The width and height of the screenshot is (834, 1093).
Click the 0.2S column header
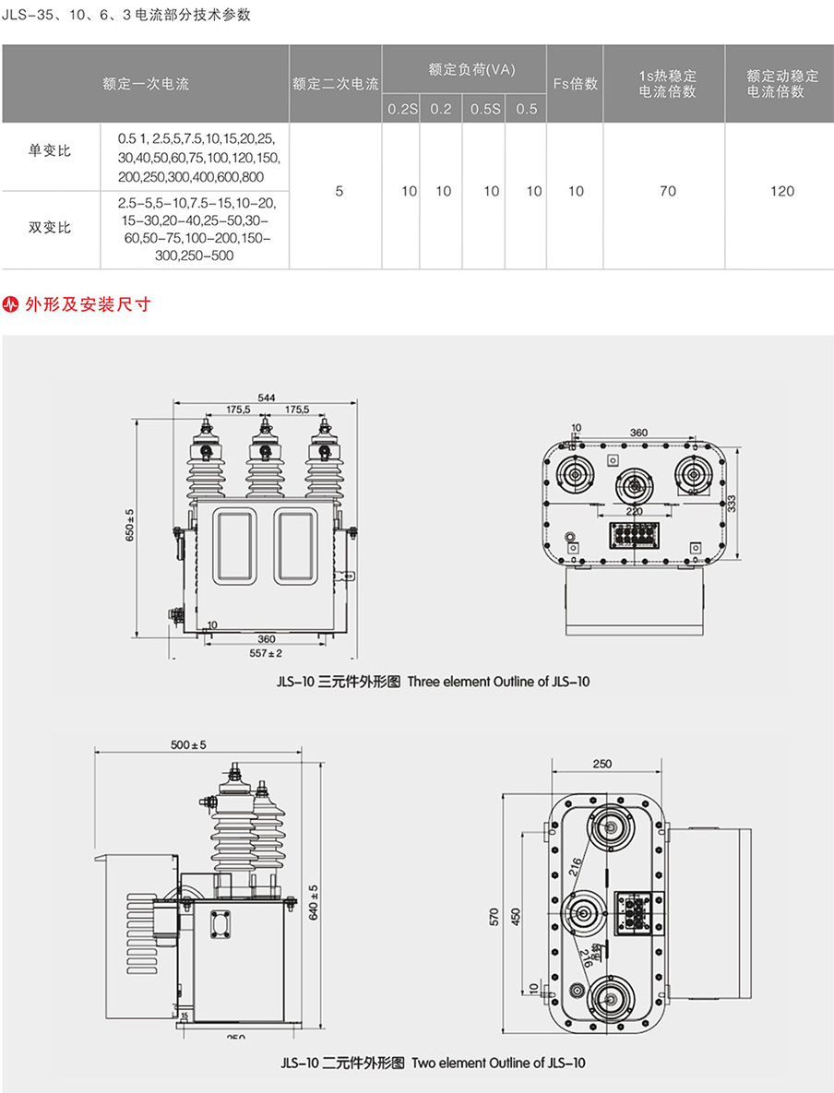[401, 109]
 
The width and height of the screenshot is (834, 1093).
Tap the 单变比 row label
[50, 152]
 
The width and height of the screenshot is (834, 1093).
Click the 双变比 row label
[50, 227]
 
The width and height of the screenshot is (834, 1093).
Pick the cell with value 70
[667, 191]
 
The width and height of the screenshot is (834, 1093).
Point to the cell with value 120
[782, 191]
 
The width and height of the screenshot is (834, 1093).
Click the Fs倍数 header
[576, 84]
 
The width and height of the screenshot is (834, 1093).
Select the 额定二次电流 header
[336, 84]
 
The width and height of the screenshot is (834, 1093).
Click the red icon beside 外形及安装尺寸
[12, 303]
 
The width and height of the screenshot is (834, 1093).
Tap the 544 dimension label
[267, 398]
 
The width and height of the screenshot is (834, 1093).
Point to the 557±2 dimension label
[266, 653]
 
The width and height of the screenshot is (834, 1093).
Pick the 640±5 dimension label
[313, 902]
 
